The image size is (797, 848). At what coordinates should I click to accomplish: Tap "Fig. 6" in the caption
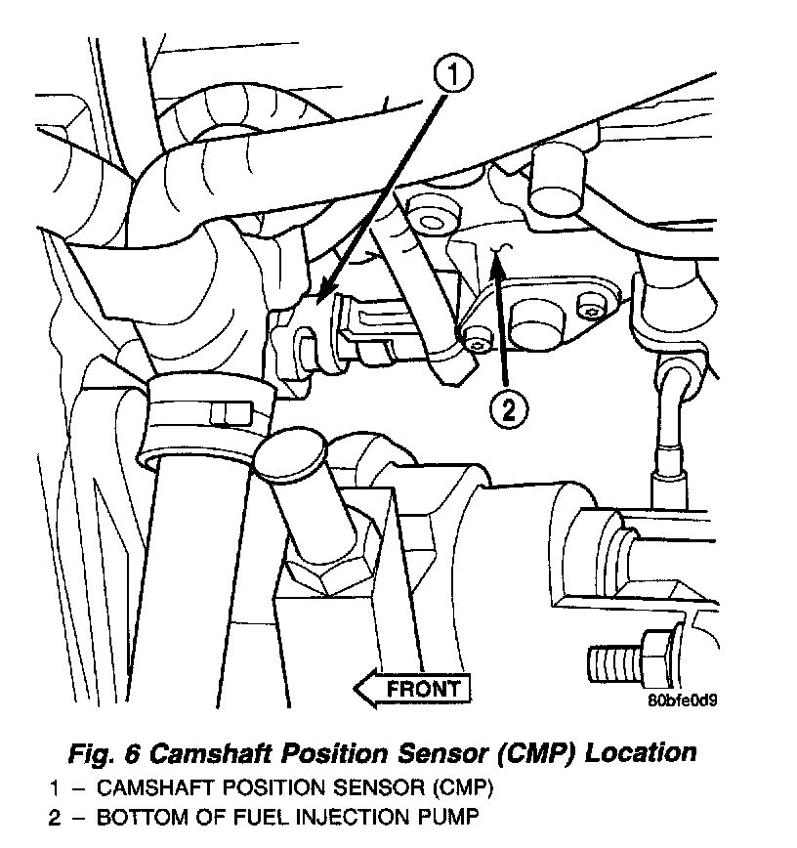point(101,753)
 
